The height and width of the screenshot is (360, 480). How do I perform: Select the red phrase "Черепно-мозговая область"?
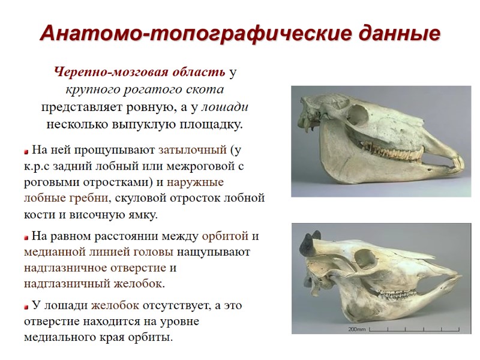(x=140, y=73)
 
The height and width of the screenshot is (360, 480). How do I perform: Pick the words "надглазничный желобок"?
(x=94, y=283)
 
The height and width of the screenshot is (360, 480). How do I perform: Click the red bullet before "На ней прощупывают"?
(x=26, y=150)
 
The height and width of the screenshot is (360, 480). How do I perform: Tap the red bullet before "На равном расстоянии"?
(x=26, y=236)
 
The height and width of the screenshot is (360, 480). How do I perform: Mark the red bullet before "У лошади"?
(x=26, y=306)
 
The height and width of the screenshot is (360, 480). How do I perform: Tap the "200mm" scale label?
(x=358, y=329)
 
